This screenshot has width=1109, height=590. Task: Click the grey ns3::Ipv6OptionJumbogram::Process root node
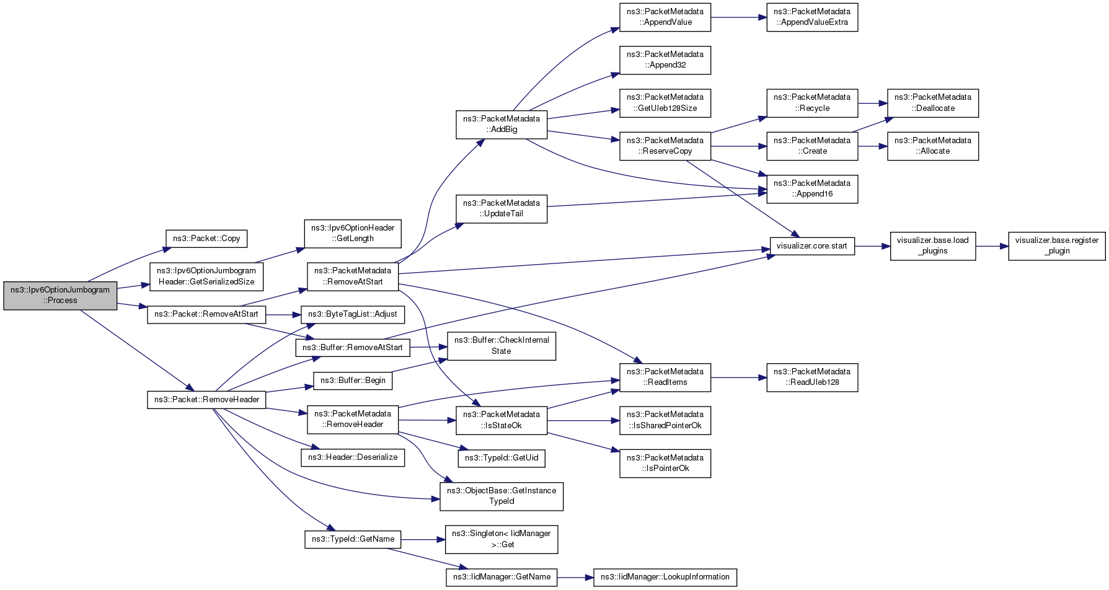pos(60,295)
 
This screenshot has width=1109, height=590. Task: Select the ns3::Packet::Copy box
pos(206,239)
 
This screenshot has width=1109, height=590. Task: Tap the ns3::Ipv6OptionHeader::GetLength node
pos(353,233)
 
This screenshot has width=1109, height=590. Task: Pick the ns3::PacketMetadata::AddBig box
pos(501,124)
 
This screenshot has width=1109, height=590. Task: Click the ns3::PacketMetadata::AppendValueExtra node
pos(812,17)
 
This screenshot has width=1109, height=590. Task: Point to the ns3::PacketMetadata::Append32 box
pos(665,59)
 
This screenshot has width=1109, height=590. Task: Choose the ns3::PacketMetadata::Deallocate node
pos(933,103)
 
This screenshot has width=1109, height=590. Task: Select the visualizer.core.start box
pos(812,246)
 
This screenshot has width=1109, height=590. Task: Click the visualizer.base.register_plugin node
pos(1057,246)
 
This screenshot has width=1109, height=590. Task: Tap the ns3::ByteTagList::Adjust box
pos(353,314)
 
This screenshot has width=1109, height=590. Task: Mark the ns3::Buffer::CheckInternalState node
pos(501,346)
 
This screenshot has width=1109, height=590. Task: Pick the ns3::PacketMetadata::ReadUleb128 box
pos(812,377)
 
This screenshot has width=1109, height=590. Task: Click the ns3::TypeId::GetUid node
pos(501,458)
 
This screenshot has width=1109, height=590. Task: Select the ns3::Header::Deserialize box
pos(353,458)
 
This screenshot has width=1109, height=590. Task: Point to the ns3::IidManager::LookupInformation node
pos(665,577)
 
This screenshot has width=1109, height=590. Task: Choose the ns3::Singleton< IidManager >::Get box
pos(501,539)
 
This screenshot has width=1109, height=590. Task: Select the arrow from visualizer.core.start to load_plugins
pos(873,246)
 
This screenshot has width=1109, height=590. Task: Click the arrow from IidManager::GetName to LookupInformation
pos(575,578)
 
